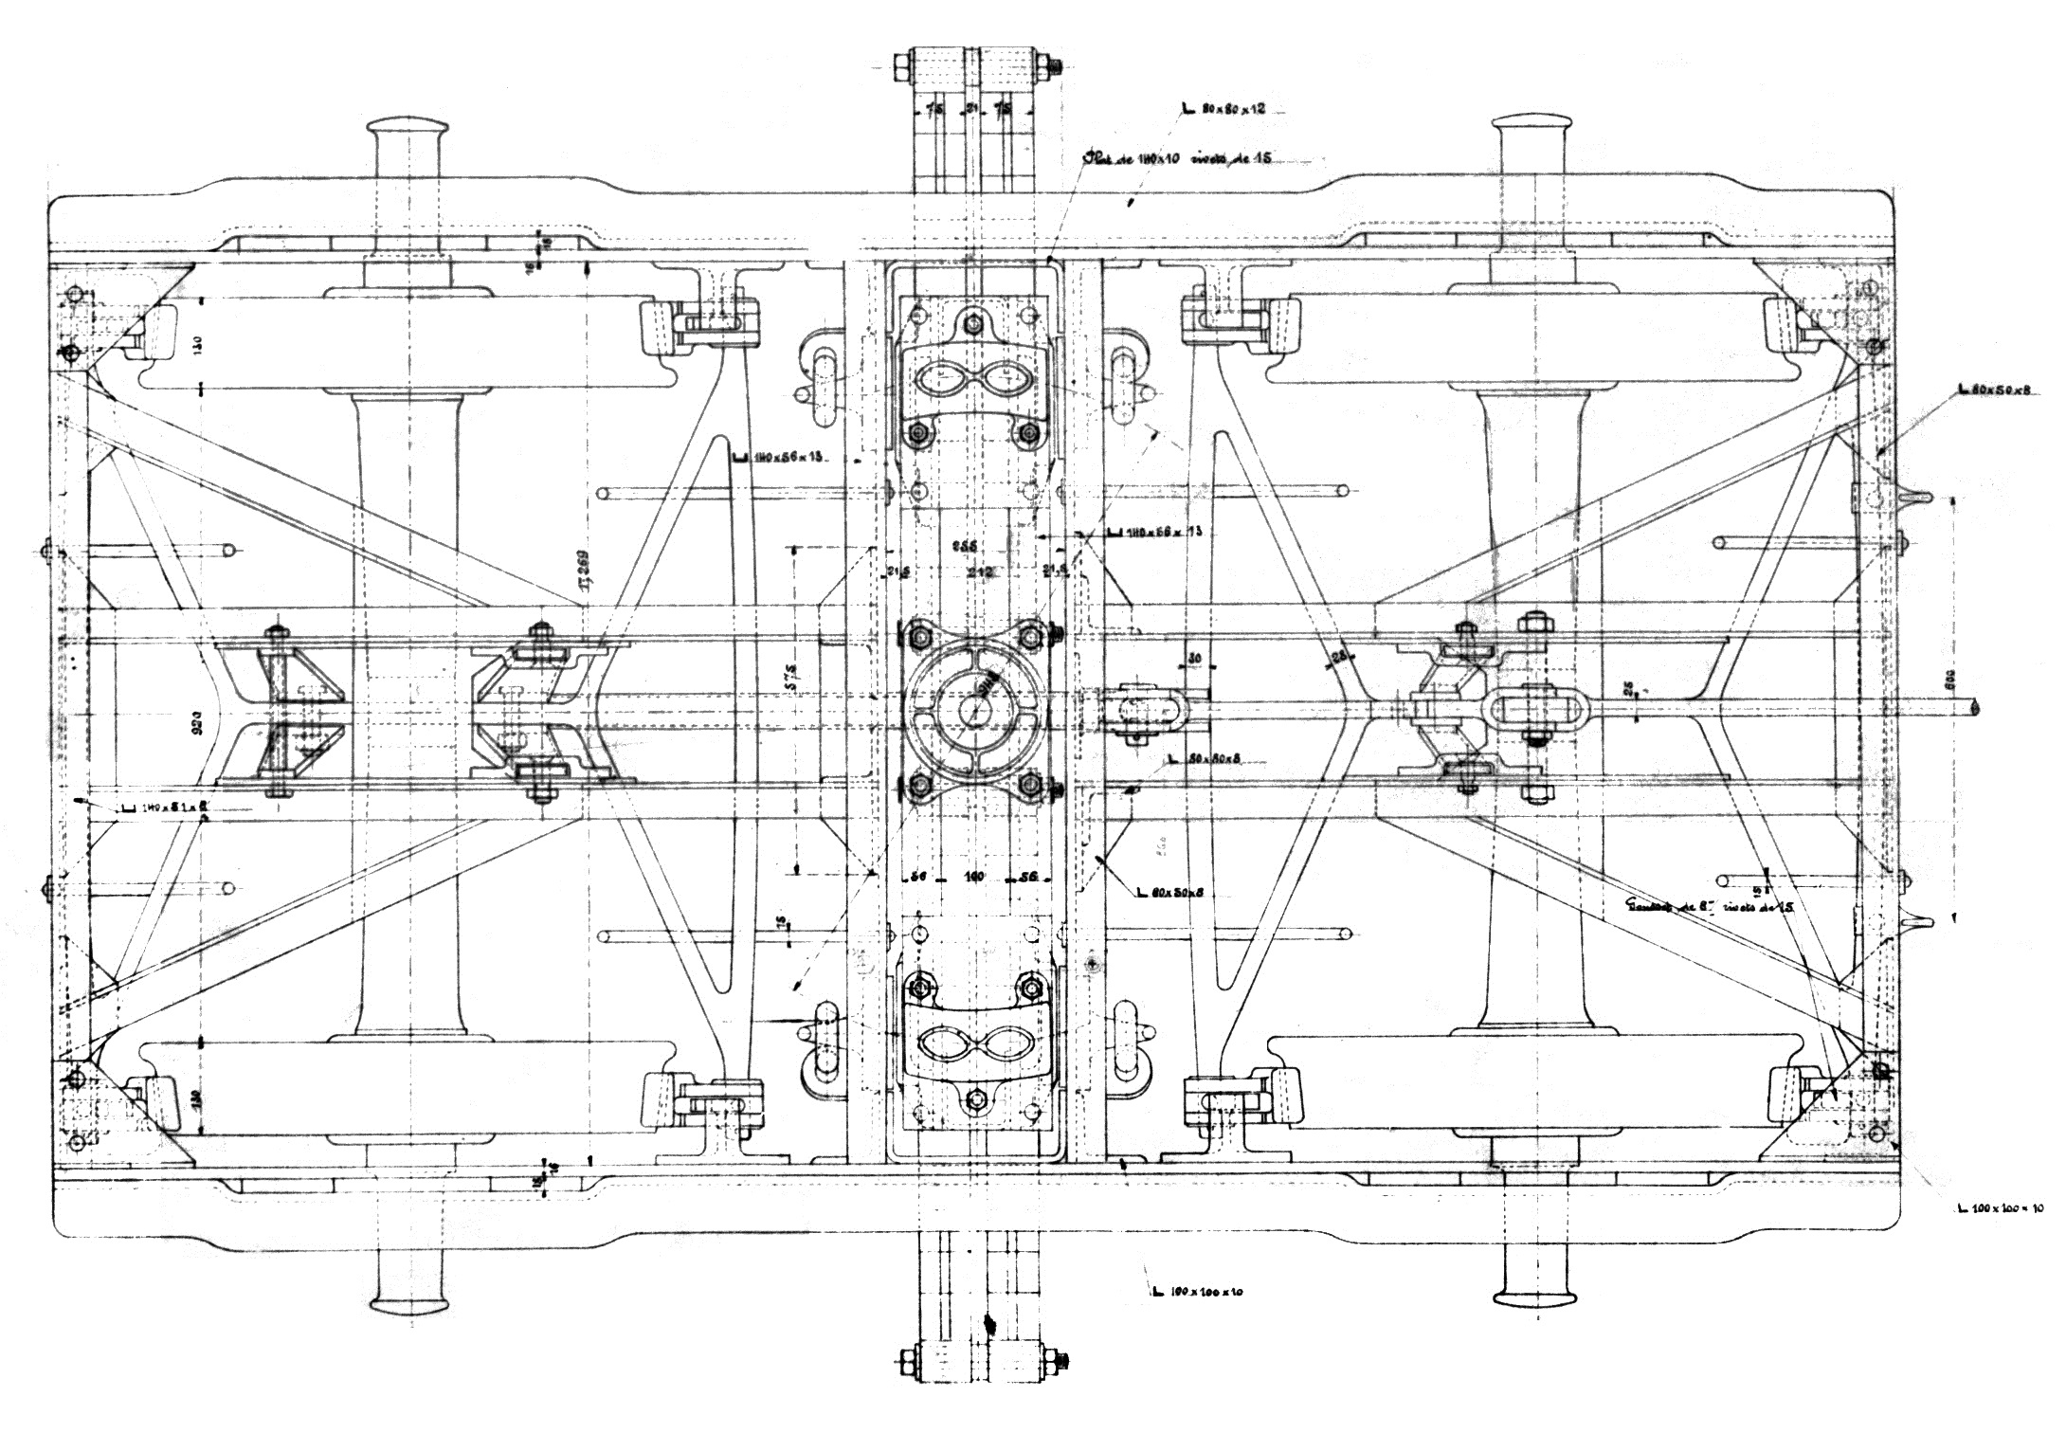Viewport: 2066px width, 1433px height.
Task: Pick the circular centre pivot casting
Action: (x=973, y=708)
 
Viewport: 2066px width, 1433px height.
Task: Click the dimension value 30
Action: (x=1193, y=659)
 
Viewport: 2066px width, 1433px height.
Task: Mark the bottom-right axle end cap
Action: (x=1533, y=1294)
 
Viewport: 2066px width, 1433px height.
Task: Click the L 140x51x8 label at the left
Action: (x=166, y=808)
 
